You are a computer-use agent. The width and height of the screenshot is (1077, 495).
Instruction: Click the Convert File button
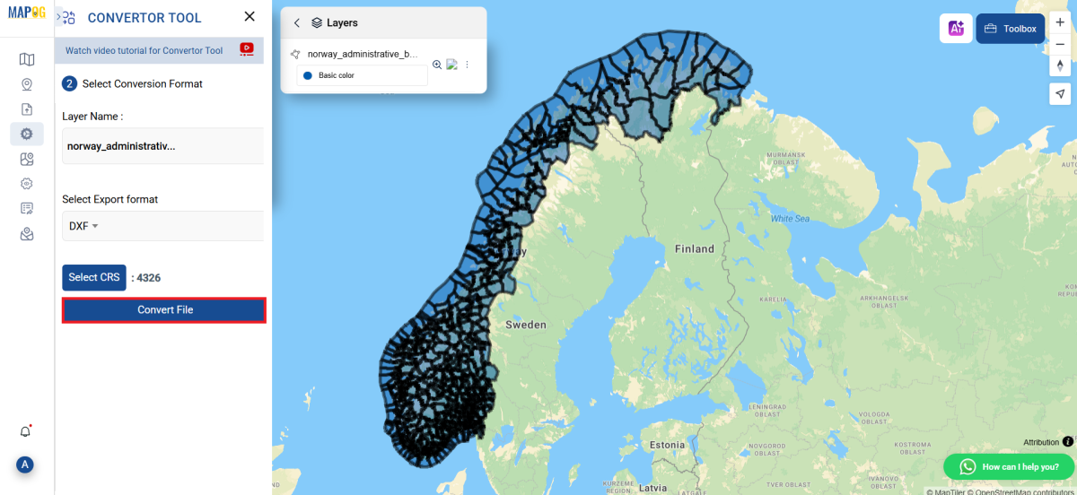[x=164, y=310]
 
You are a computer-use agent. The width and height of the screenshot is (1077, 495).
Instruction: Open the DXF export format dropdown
[x=83, y=226]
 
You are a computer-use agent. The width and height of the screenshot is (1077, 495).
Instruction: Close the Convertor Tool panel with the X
[x=250, y=17]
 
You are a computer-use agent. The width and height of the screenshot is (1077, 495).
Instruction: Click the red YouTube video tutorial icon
[x=247, y=50]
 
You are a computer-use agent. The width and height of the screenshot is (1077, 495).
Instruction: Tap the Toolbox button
[x=1011, y=29]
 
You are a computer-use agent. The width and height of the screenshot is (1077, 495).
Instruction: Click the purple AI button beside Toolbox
[x=956, y=29]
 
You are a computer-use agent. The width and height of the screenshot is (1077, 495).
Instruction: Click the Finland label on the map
[x=695, y=249]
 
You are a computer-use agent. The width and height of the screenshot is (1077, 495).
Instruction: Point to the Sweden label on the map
[x=525, y=325]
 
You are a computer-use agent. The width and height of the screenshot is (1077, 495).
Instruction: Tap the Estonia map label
[x=667, y=445]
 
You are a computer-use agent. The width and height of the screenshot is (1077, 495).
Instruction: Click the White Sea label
[x=790, y=219]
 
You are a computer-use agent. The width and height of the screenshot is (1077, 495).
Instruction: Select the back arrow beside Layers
[x=297, y=22]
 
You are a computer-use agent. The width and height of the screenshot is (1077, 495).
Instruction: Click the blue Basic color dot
[x=308, y=75]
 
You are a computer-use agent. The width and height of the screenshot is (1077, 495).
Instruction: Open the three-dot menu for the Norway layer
[x=467, y=65]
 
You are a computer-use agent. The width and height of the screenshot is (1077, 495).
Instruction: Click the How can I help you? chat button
[x=1010, y=466]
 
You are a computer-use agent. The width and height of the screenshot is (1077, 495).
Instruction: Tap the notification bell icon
[x=26, y=431]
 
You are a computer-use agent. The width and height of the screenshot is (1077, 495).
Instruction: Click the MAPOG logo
[x=27, y=13]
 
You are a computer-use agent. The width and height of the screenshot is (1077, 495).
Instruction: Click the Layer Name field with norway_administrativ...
[x=162, y=146]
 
